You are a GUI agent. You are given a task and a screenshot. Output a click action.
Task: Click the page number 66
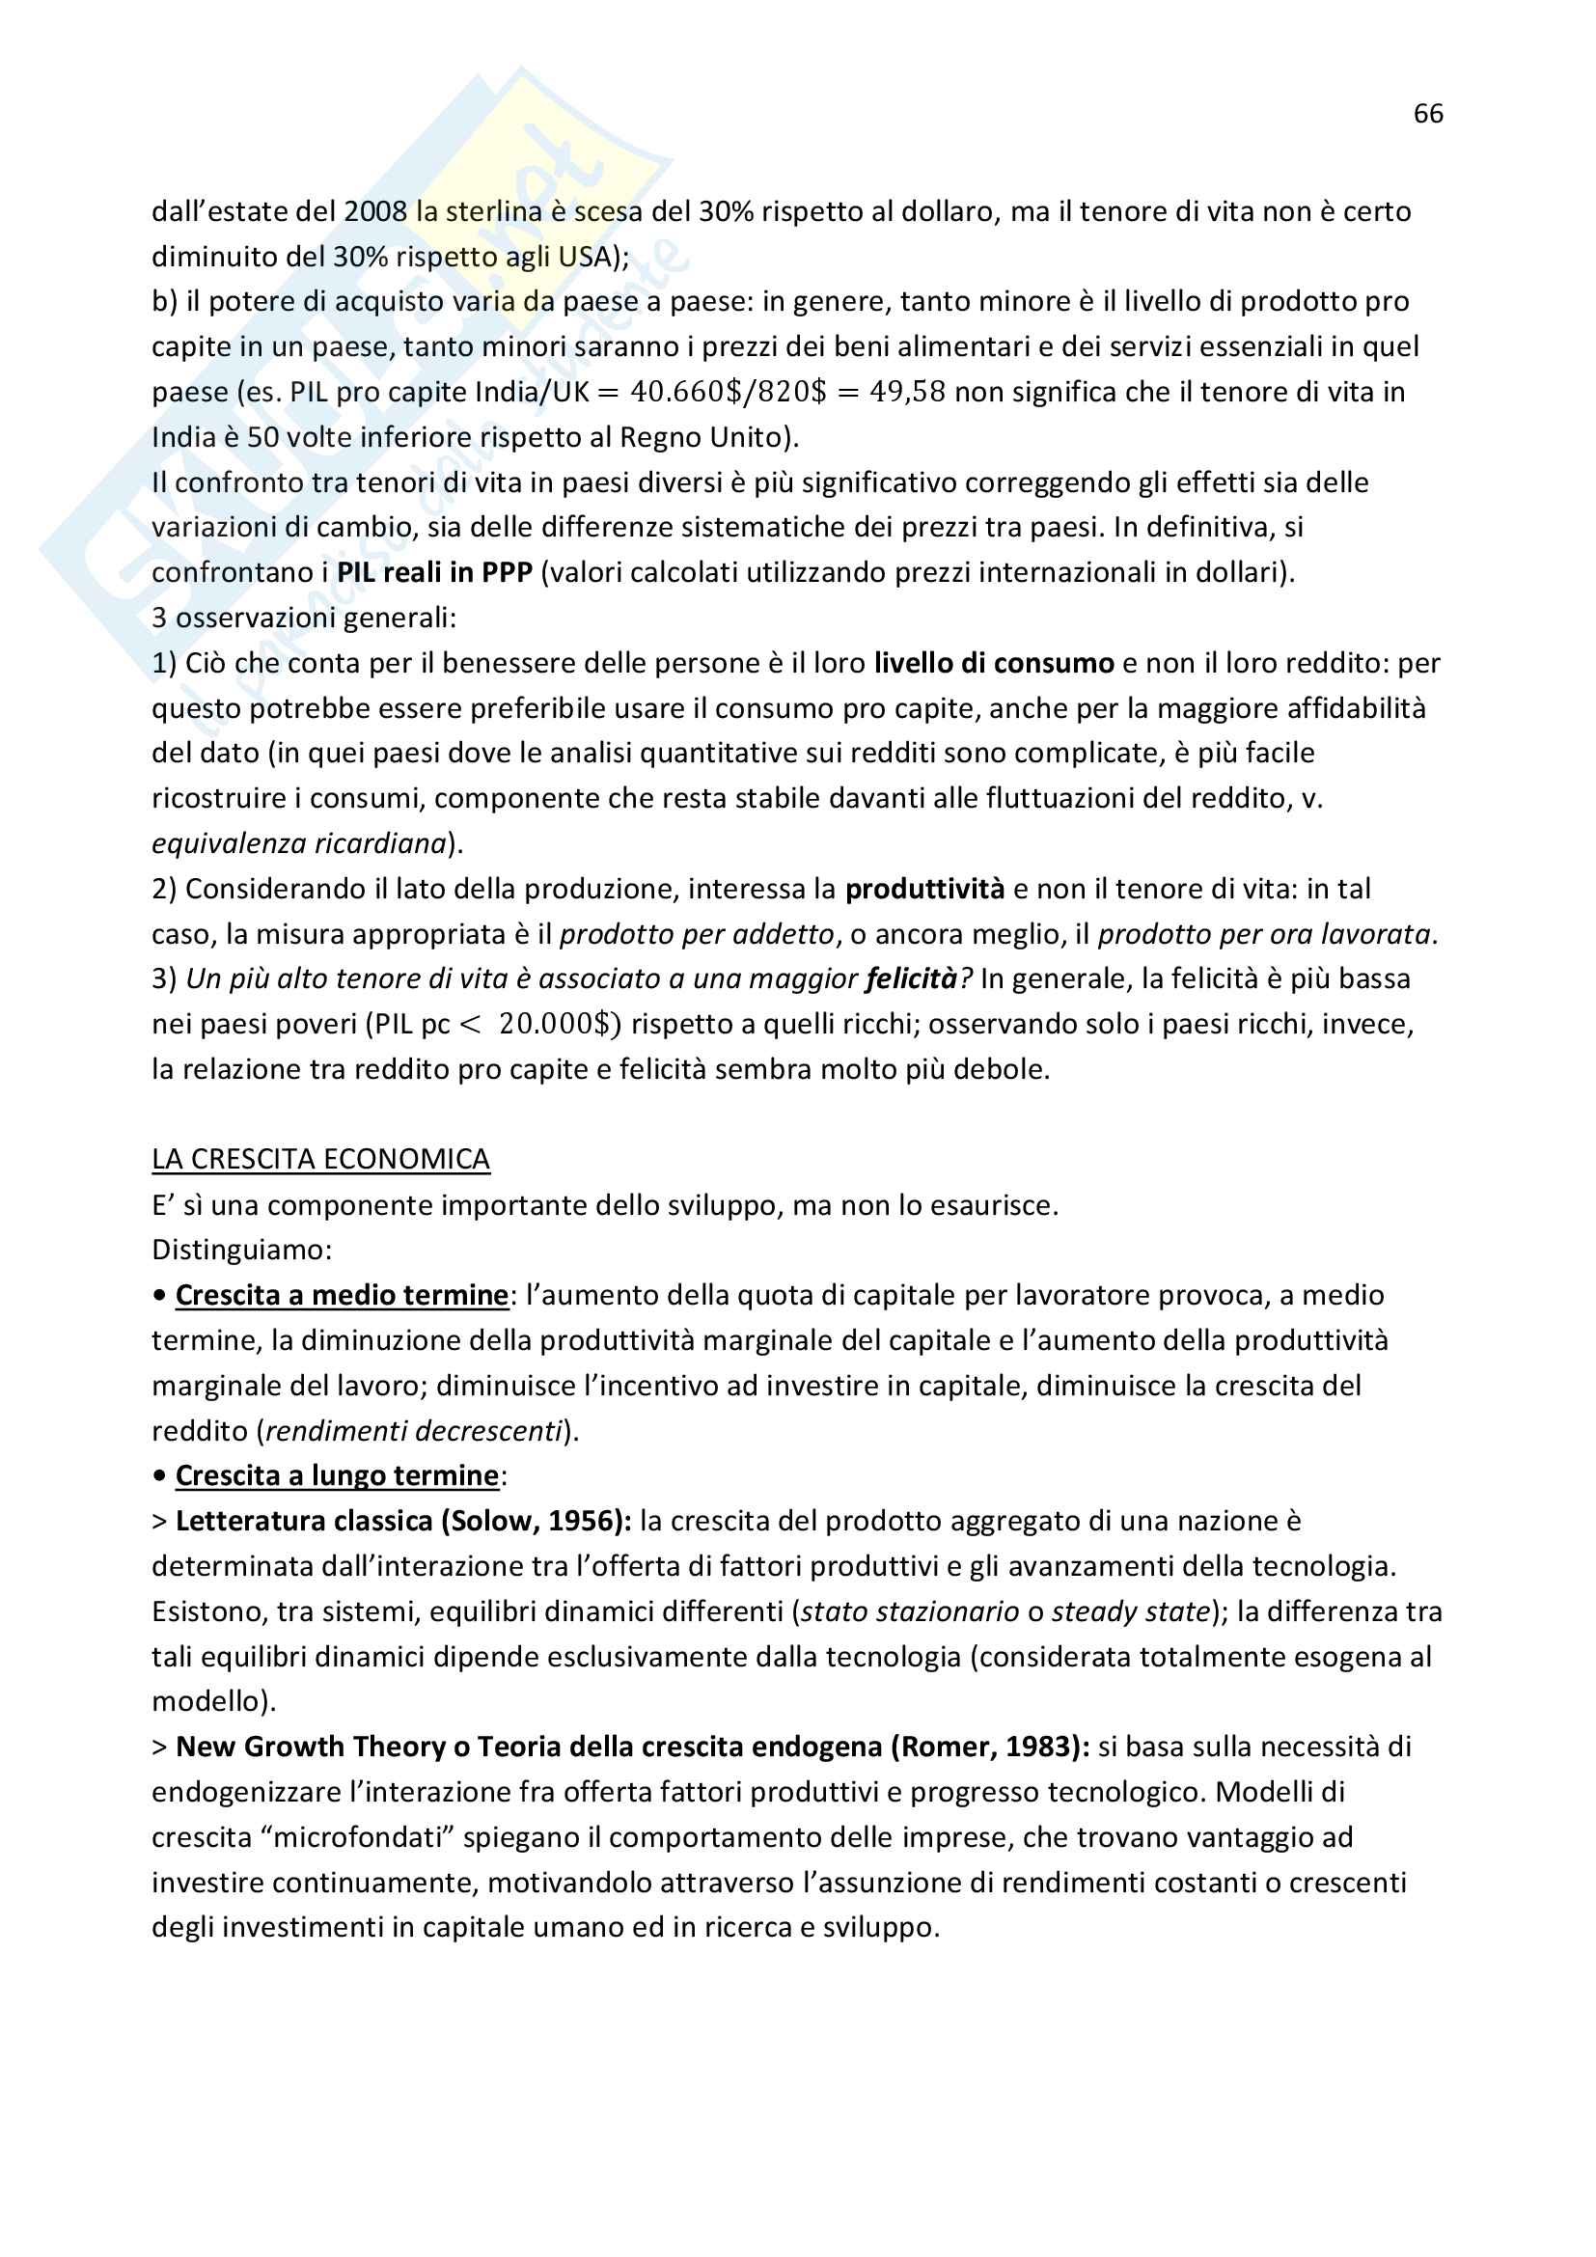point(1428,114)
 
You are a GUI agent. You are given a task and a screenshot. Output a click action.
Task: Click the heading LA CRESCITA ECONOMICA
point(320,1160)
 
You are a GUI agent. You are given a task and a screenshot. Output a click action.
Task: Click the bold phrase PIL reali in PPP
point(434,572)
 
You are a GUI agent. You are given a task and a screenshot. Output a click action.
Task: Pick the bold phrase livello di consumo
point(994,664)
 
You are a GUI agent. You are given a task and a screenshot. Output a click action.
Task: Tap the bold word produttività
point(923,889)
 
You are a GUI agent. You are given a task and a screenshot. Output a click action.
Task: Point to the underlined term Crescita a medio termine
point(341,1296)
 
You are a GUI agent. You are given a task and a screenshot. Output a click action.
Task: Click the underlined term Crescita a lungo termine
point(337,1476)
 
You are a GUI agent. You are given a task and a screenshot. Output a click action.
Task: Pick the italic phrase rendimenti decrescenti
point(414,1431)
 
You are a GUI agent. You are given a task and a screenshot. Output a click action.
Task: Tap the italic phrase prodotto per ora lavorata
point(1264,934)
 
